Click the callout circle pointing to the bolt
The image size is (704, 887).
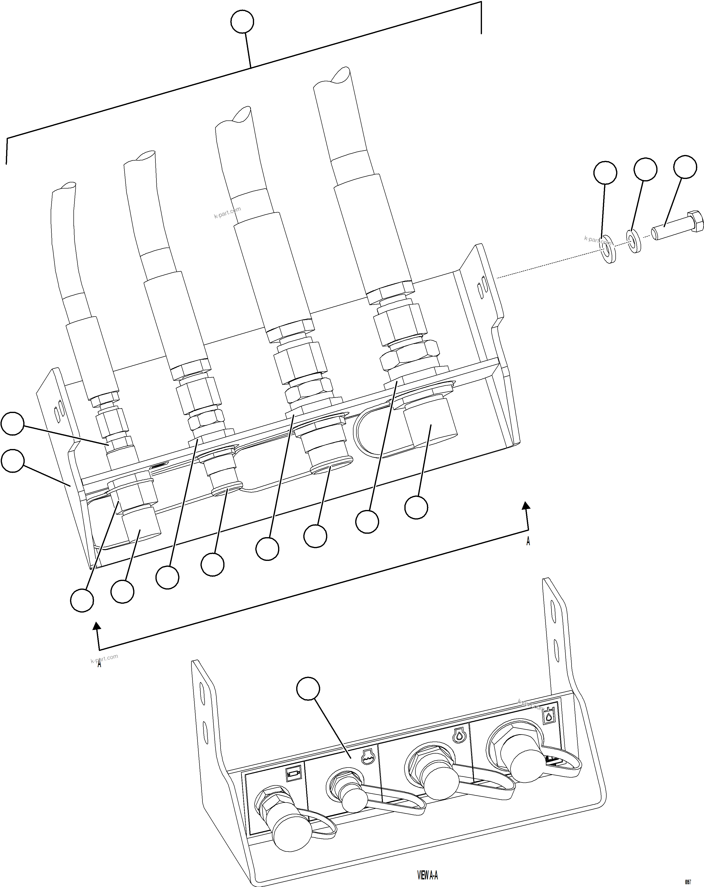point(685,167)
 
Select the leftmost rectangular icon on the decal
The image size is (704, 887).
point(293,775)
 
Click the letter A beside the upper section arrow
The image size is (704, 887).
point(528,541)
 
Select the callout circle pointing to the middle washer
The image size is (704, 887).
point(645,169)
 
